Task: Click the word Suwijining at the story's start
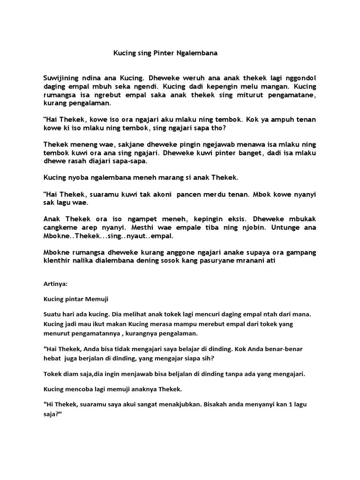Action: tap(63, 78)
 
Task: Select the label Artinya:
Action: tap(55, 284)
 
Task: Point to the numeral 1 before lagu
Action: tap(288, 404)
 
